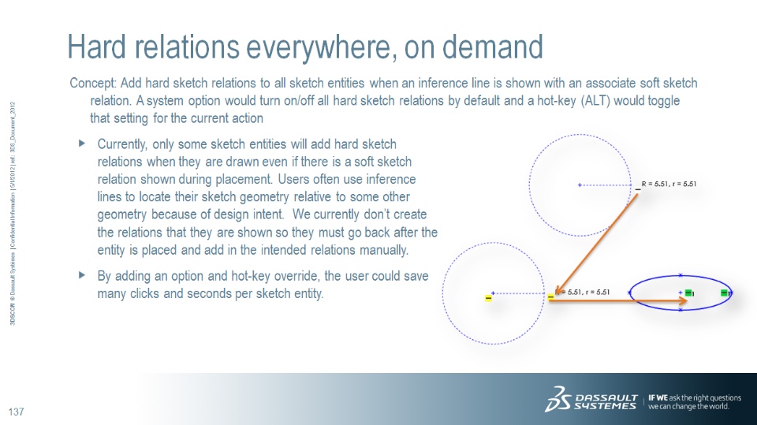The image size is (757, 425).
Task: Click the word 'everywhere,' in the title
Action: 322,48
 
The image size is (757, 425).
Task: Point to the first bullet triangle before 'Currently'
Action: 81,144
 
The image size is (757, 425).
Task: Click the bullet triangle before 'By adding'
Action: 81,275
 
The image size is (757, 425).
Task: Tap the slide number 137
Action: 17,412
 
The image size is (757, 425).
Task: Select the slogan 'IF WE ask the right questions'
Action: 695,398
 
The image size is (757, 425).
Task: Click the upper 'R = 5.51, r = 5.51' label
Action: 669,184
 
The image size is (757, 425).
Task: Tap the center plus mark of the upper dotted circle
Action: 580,185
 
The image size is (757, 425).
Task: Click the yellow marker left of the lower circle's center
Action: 488,299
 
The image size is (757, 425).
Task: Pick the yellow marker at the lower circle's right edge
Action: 551,297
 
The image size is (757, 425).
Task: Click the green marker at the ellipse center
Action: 689,293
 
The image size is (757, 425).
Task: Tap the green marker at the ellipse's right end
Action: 724,293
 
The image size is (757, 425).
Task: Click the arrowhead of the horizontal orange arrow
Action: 682,301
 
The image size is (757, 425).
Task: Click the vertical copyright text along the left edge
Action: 13,213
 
